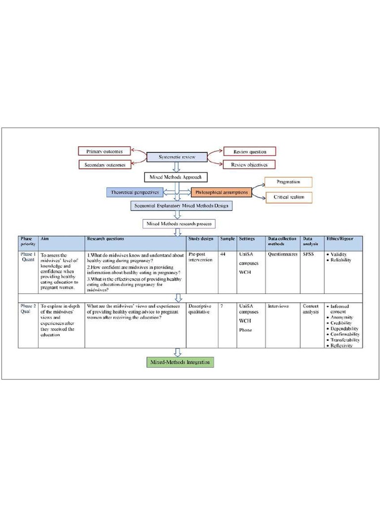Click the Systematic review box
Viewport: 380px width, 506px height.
tap(177, 157)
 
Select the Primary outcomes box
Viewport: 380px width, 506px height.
tap(104, 151)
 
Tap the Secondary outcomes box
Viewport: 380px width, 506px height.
tap(104, 165)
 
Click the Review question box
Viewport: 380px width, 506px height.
tap(249, 151)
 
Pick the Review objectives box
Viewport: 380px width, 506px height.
tap(249, 165)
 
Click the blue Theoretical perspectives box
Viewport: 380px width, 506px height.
tap(135, 192)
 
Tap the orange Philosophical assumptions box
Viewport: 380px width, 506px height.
tap(221, 192)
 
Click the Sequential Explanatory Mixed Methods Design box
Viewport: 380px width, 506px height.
tap(182, 206)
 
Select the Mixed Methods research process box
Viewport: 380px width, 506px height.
tap(179, 224)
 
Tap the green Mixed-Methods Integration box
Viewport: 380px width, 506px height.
tap(181, 362)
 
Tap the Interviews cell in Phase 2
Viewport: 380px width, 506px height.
tap(278, 306)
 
